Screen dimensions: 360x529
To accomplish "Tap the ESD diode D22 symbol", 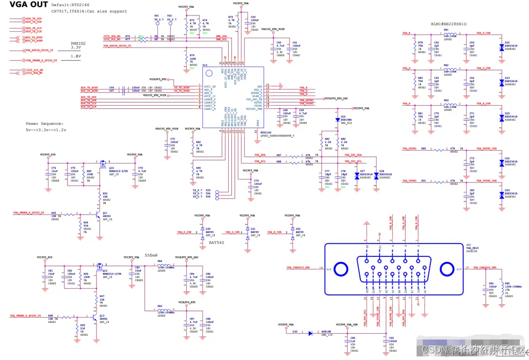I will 502,47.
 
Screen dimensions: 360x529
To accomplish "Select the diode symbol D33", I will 311,334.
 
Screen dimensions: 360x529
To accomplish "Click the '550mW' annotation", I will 151,255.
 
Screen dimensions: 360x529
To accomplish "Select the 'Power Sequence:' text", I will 45,124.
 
